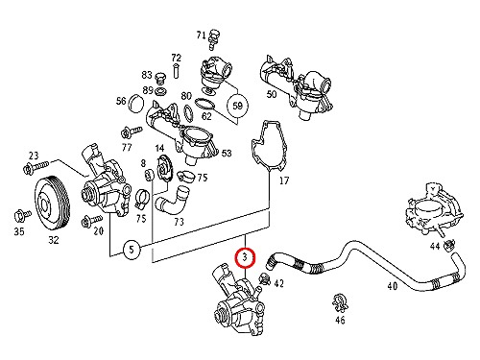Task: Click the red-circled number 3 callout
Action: coord(245,257)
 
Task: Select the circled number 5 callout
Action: coord(132,250)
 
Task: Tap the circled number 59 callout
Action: coord(237,106)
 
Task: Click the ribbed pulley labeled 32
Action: coord(52,202)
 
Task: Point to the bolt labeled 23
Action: coord(36,167)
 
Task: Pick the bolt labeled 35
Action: coord(22,215)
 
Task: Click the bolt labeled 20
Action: coord(91,221)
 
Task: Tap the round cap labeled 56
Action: coord(137,103)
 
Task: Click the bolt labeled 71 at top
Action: coord(213,40)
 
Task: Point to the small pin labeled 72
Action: coord(176,71)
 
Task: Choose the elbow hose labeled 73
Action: coord(174,203)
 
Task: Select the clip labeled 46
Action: coord(340,301)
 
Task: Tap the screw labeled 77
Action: coord(131,132)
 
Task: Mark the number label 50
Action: coord(272,94)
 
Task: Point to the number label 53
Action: coord(227,154)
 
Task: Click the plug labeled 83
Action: coord(160,78)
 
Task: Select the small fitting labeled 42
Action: coord(265,279)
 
